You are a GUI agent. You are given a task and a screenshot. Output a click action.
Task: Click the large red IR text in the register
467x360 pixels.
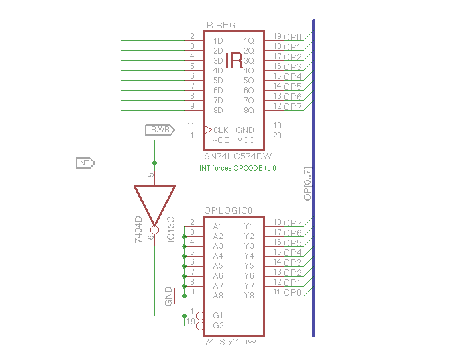(x=234, y=60)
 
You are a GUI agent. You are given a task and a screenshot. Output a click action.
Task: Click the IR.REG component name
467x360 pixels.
(x=219, y=25)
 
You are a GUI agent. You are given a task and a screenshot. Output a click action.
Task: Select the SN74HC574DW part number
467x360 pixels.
(x=237, y=156)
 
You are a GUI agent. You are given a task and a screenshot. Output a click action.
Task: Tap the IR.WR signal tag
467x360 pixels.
(x=159, y=130)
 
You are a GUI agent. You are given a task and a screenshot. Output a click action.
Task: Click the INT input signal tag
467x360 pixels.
(x=85, y=163)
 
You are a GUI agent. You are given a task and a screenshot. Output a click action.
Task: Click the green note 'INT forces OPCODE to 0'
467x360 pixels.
(x=238, y=168)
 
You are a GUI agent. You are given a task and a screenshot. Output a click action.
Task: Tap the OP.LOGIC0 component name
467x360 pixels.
(x=229, y=210)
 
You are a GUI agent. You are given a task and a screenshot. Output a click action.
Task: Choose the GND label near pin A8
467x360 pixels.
(x=169, y=296)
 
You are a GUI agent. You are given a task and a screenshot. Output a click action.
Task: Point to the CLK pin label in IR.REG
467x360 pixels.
(x=221, y=130)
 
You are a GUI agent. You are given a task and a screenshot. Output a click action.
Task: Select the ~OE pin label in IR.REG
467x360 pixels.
(x=220, y=140)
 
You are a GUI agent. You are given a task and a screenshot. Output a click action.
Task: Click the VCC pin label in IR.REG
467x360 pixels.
(x=245, y=140)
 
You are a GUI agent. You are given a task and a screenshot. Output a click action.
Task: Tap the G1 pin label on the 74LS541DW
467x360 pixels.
(x=218, y=316)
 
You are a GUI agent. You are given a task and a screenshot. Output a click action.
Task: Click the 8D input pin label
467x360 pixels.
(x=218, y=110)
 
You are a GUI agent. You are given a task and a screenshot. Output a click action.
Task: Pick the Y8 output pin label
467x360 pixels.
(x=249, y=296)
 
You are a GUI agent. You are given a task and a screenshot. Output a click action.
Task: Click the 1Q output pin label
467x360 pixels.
(x=249, y=40)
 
